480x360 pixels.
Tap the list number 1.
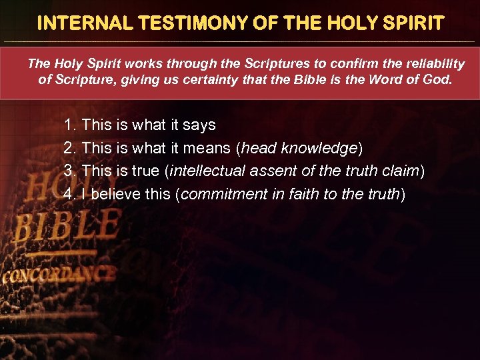[x=69, y=125]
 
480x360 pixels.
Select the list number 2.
[x=69, y=148]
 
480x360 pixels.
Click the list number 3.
[x=69, y=171]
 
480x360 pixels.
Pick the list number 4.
[x=69, y=195]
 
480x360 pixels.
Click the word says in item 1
[x=199, y=125]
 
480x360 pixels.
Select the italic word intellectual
[x=208, y=171]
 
